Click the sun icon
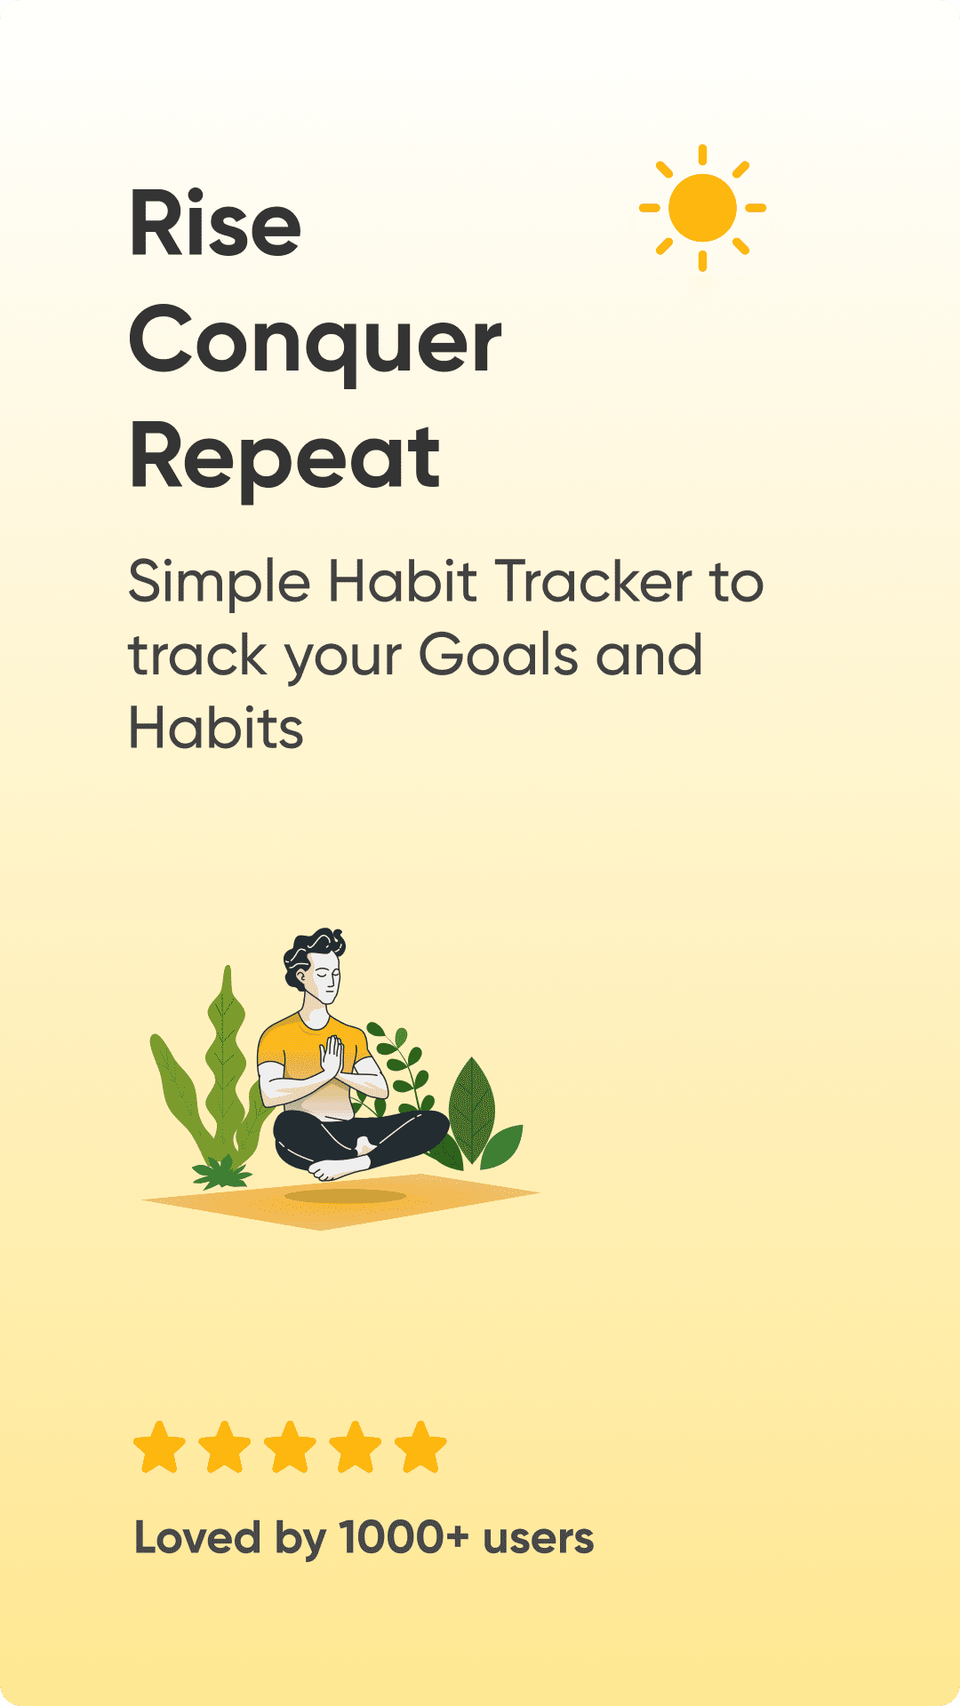coord(702,208)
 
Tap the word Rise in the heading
coord(215,223)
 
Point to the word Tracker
coord(593,582)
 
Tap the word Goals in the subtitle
coord(499,655)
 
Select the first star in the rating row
coord(159,1447)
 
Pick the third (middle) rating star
coord(290,1447)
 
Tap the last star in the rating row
coord(420,1447)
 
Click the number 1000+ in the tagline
coord(404,1537)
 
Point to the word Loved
coord(197,1537)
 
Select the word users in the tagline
coord(538,1541)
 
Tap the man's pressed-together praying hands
coord(332,1057)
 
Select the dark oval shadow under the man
coord(345,1196)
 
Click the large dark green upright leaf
coord(471,1111)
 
